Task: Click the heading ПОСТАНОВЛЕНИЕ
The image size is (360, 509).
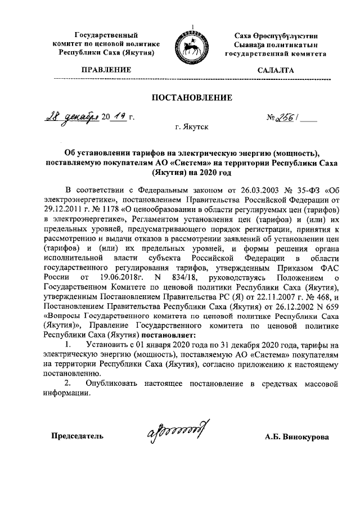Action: [x=192, y=98]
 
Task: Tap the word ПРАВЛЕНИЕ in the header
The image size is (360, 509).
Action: [x=106, y=70]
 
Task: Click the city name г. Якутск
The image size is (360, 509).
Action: [x=192, y=128]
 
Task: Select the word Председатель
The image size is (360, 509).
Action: [x=77, y=436]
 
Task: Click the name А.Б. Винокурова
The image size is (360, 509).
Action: [x=298, y=436]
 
